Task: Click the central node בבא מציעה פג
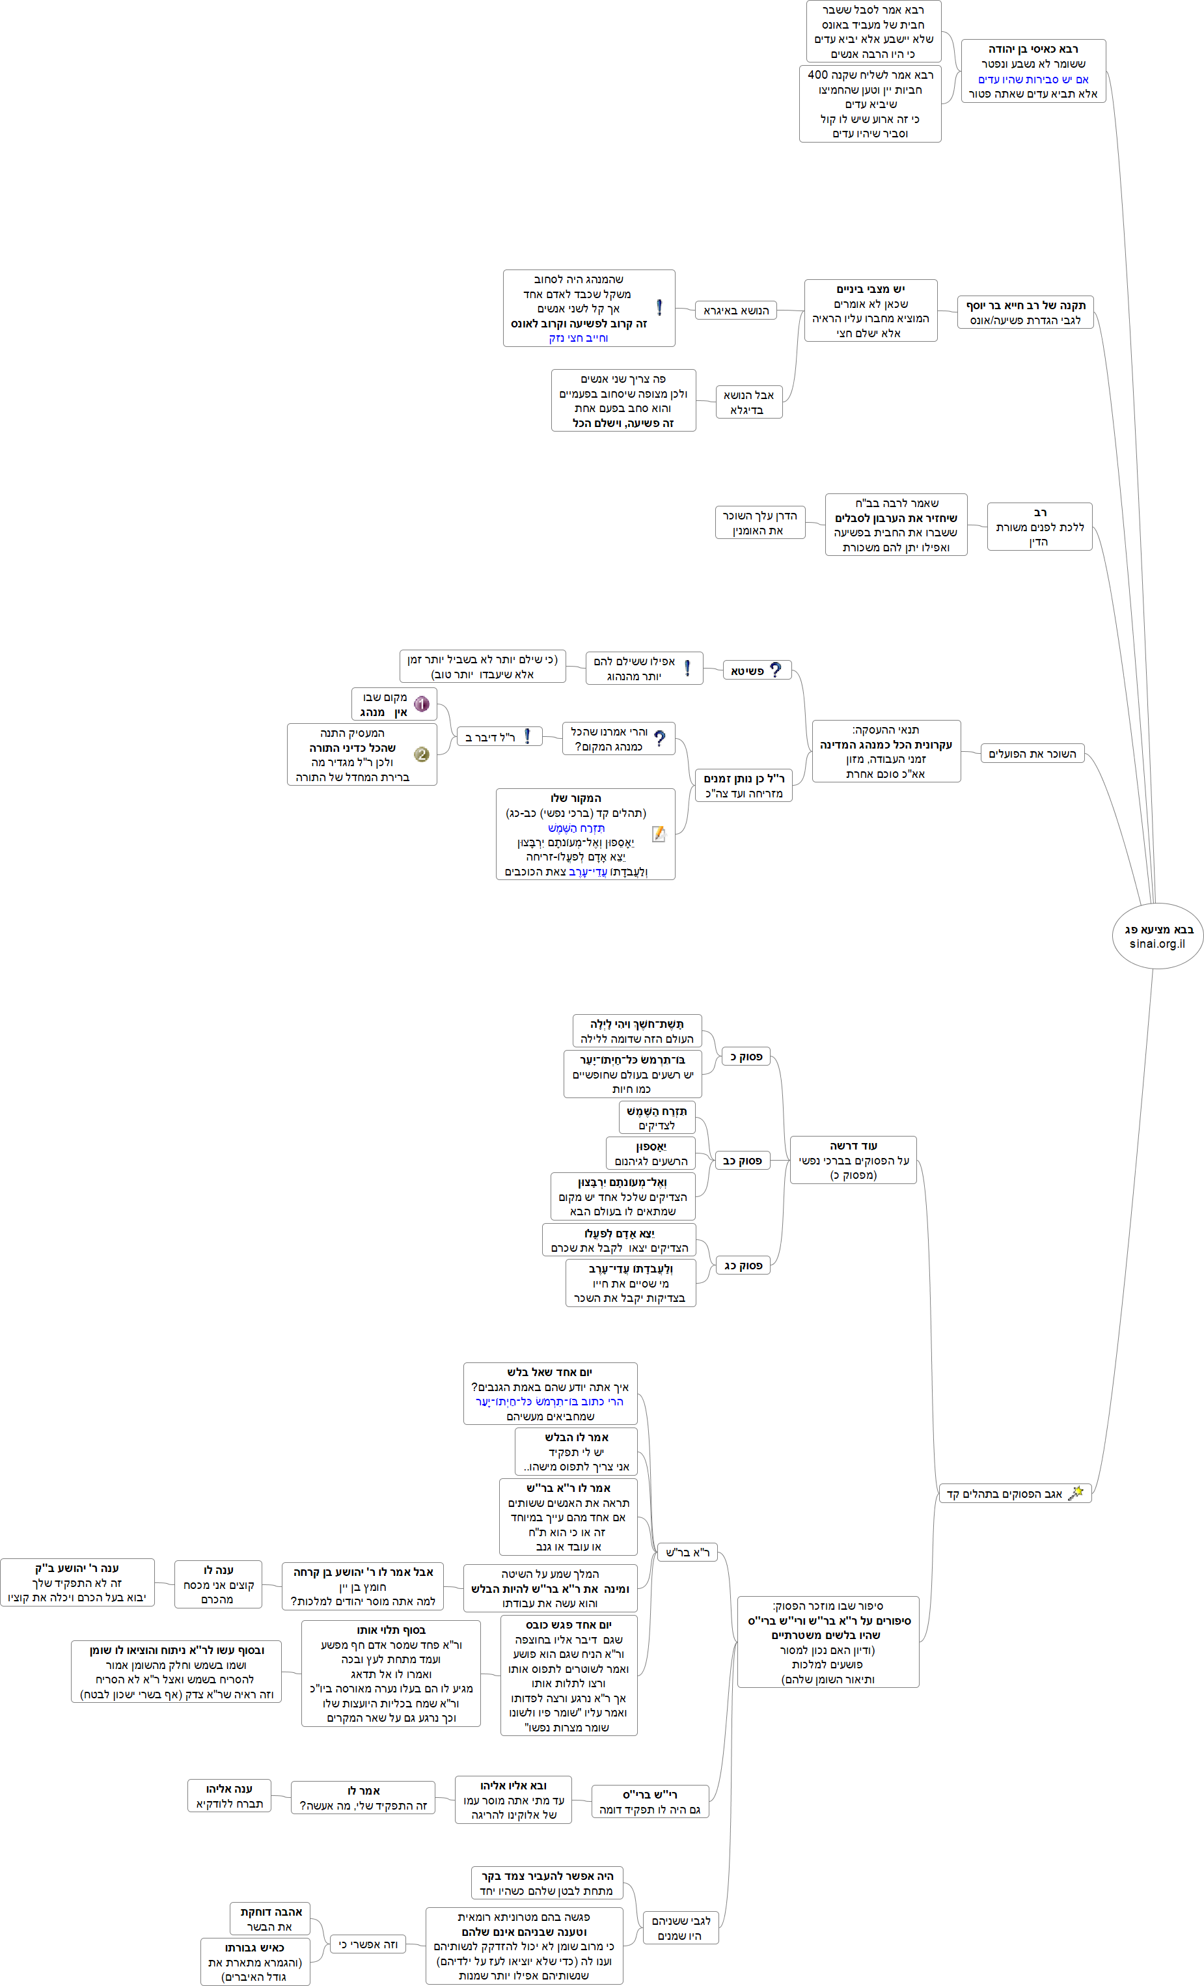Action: point(1158,930)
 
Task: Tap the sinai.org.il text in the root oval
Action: point(1157,944)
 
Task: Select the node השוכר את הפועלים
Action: point(1032,754)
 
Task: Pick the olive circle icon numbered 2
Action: point(420,754)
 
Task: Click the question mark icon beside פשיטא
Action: point(775,670)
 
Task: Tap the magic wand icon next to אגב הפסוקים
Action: point(1075,1493)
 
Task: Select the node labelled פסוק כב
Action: point(741,1161)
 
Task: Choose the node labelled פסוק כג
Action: point(742,1265)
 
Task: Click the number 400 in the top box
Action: point(819,75)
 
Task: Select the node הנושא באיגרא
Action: point(736,310)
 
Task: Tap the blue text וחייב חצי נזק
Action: point(578,338)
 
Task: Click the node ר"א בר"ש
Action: point(687,1552)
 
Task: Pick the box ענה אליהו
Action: point(229,1796)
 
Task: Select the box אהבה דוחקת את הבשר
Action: point(270,1918)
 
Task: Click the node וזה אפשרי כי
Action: point(368,1944)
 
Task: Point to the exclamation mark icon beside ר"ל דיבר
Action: point(527,736)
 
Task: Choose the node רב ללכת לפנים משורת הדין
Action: point(1039,527)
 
